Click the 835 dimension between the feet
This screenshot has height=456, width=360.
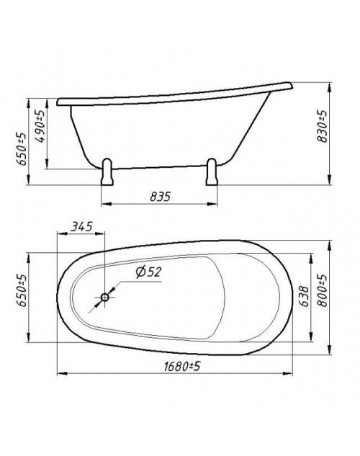tap(160, 197)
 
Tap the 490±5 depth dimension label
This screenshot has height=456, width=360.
tap(40, 126)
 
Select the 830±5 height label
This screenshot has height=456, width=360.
tap(322, 126)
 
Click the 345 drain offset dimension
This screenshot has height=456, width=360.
tap(81, 226)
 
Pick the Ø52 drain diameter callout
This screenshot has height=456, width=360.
tap(148, 272)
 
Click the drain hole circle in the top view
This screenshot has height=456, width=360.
tap(104, 298)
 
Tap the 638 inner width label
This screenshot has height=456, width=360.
tap(305, 296)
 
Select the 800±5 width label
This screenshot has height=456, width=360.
tap(322, 290)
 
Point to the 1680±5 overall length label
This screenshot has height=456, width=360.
tap(182, 367)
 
